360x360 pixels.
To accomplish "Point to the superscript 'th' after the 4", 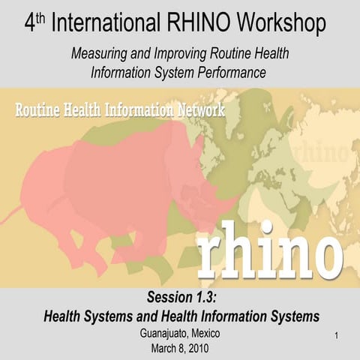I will tap(42, 17).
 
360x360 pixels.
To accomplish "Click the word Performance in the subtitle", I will tap(229, 73).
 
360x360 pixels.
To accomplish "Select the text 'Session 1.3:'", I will tap(180, 298).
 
